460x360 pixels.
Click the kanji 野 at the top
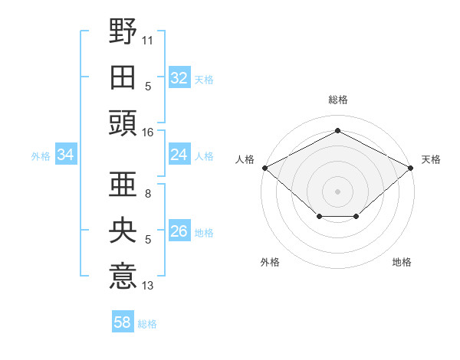pyautogui.click(x=123, y=31)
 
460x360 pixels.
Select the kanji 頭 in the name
pyautogui.click(x=123, y=123)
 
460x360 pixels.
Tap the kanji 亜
pyautogui.click(x=123, y=184)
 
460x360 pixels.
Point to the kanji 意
pyautogui.click(x=123, y=276)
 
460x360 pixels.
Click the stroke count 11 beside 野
pyautogui.click(x=147, y=41)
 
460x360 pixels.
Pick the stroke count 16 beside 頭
pyautogui.click(x=147, y=133)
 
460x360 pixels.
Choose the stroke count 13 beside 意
pyautogui.click(x=147, y=286)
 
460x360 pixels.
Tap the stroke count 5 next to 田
pyautogui.click(x=148, y=87)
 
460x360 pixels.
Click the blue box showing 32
pyautogui.click(x=179, y=77)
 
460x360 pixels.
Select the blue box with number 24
pyautogui.click(x=179, y=154)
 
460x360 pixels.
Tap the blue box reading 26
pyautogui.click(x=179, y=230)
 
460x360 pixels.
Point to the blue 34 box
pyautogui.click(x=66, y=154)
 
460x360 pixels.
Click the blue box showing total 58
pyautogui.click(x=123, y=321)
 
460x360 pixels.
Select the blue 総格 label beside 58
pyautogui.click(x=147, y=324)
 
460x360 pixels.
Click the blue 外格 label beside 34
pyautogui.click(x=41, y=156)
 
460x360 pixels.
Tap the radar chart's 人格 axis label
pyautogui.click(x=245, y=159)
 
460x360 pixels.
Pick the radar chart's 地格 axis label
pyautogui.click(x=402, y=262)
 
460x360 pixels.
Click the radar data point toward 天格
pyautogui.click(x=410, y=168)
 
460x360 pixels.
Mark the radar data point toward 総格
pyautogui.click(x=337, y=130)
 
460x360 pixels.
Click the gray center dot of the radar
pyautogui.click(x=337, y=191)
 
